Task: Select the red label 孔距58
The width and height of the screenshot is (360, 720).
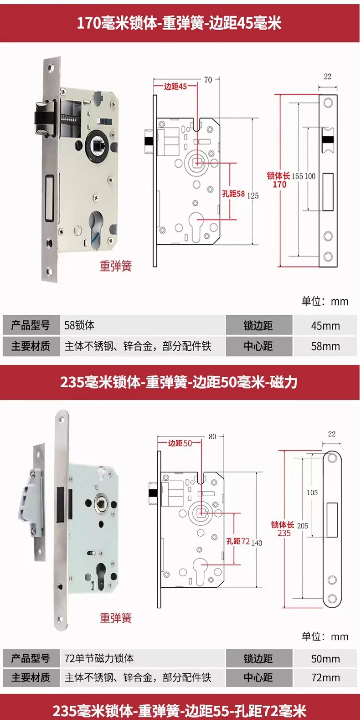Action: tap(233, 194)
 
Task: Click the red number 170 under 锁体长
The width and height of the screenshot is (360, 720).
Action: tap(279, 184)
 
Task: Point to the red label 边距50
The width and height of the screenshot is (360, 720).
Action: tap(180, 443)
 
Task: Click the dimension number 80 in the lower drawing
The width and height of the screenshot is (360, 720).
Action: tap(212, 437)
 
